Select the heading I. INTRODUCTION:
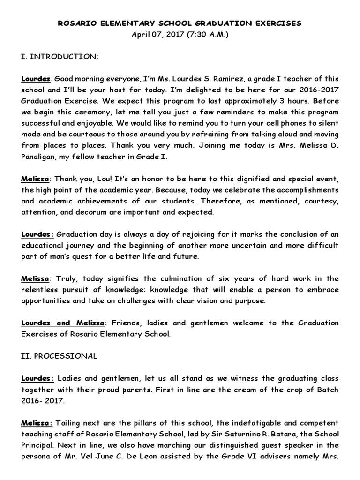point(60,56)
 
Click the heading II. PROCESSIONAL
point(59,356)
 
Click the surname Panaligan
point(39,157)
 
